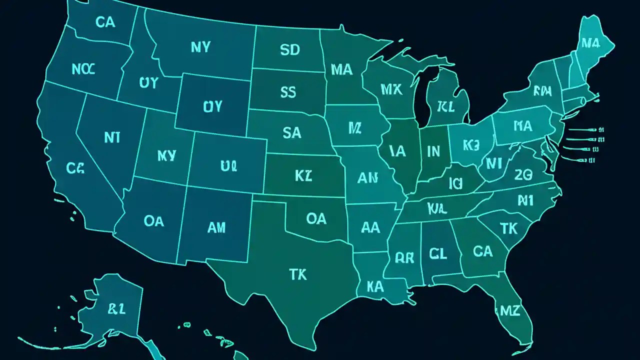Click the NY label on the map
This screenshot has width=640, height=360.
click(x=200, y=47)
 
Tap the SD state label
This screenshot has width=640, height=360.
click(x=290, y=49)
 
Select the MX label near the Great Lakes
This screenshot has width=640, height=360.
click(x=391, y=89)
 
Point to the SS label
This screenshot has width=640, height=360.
click(x=288, y=92)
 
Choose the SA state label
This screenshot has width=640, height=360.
click(x=291, y=132)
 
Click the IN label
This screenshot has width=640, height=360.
click(x=433, y=150)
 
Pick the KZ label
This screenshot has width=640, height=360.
click(x=303, y=175)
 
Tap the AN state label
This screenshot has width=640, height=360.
click(x=367, y=177)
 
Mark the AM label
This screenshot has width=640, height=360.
click(x=216, y=228)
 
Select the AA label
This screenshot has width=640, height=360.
click(x=370, y=228)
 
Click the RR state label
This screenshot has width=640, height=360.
click(x=404, y=257)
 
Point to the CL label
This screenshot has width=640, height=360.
click(x=437, y=253)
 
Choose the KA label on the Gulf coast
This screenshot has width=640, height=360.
click(x=374, y=286)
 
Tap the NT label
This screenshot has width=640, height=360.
click(x=112, y=138)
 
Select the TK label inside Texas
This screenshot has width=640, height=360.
click(x=298, y=274)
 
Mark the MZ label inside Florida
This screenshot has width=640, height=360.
click(x=510, y=310)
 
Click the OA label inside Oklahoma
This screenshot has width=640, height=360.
click(x=316, y=218)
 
